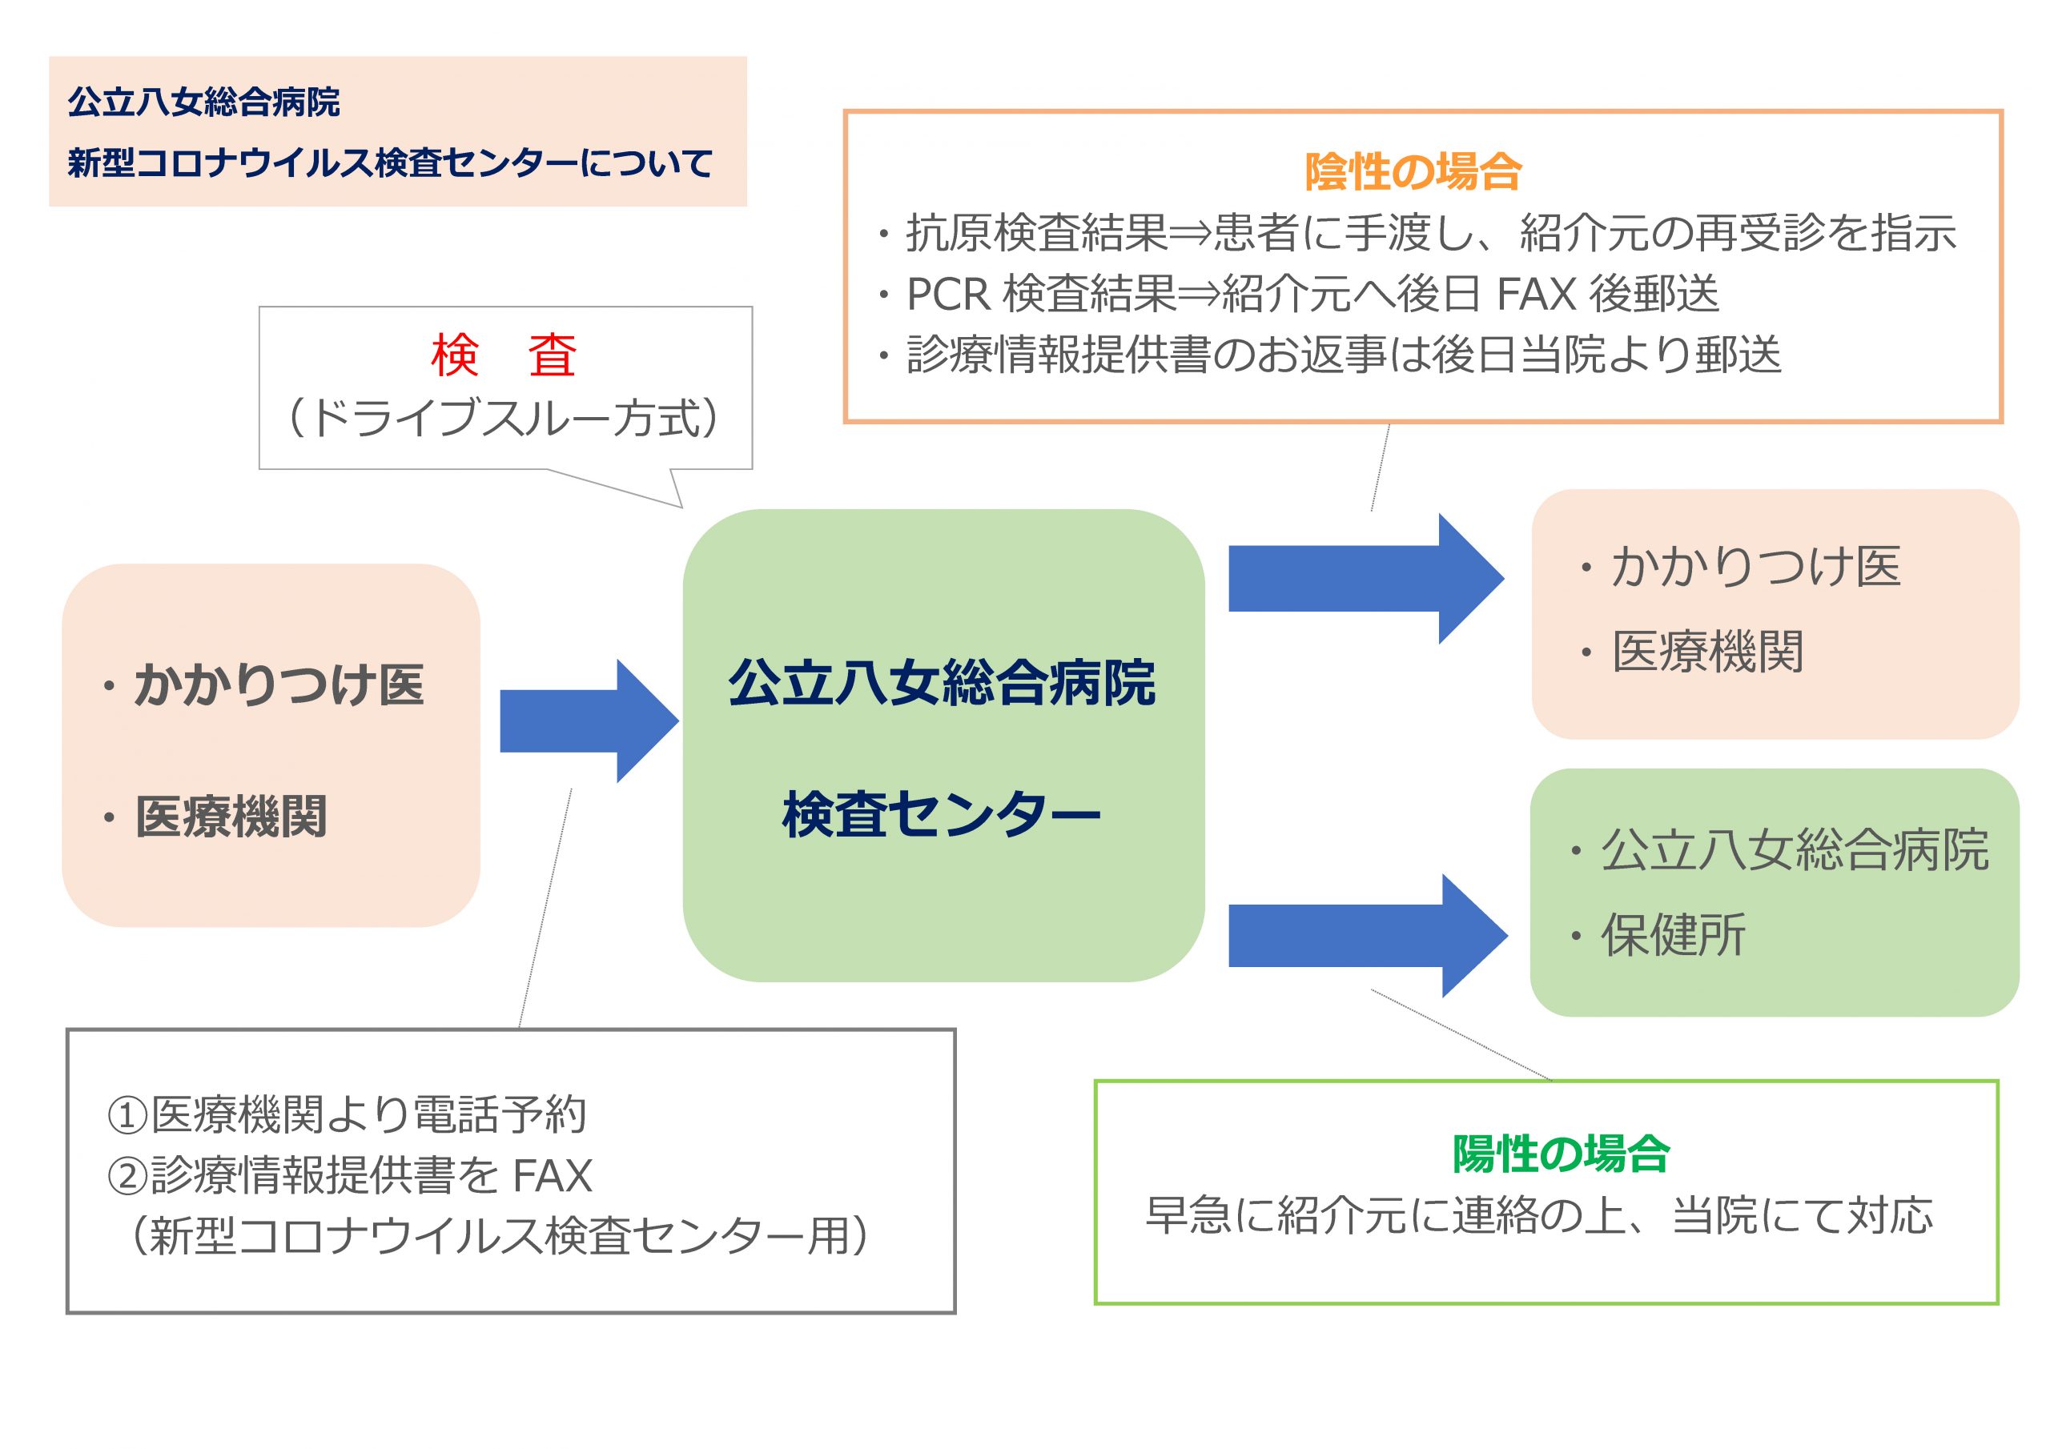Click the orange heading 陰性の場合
point(1413,171)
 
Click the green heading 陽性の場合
point(1561,1154)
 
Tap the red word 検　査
point(504,355)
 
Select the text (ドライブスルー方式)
point(504,418)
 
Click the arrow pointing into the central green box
point(589,721)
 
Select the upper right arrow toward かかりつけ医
point(1366,579)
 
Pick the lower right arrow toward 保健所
point(1368,936)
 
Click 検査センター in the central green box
point(941,814)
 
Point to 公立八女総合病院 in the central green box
point(942,683)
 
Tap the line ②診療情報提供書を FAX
point(349,1175)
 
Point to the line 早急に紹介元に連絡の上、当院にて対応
point(1539,1215)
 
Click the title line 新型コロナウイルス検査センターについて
point(390,163)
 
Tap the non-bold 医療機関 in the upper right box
point(1707,651)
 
